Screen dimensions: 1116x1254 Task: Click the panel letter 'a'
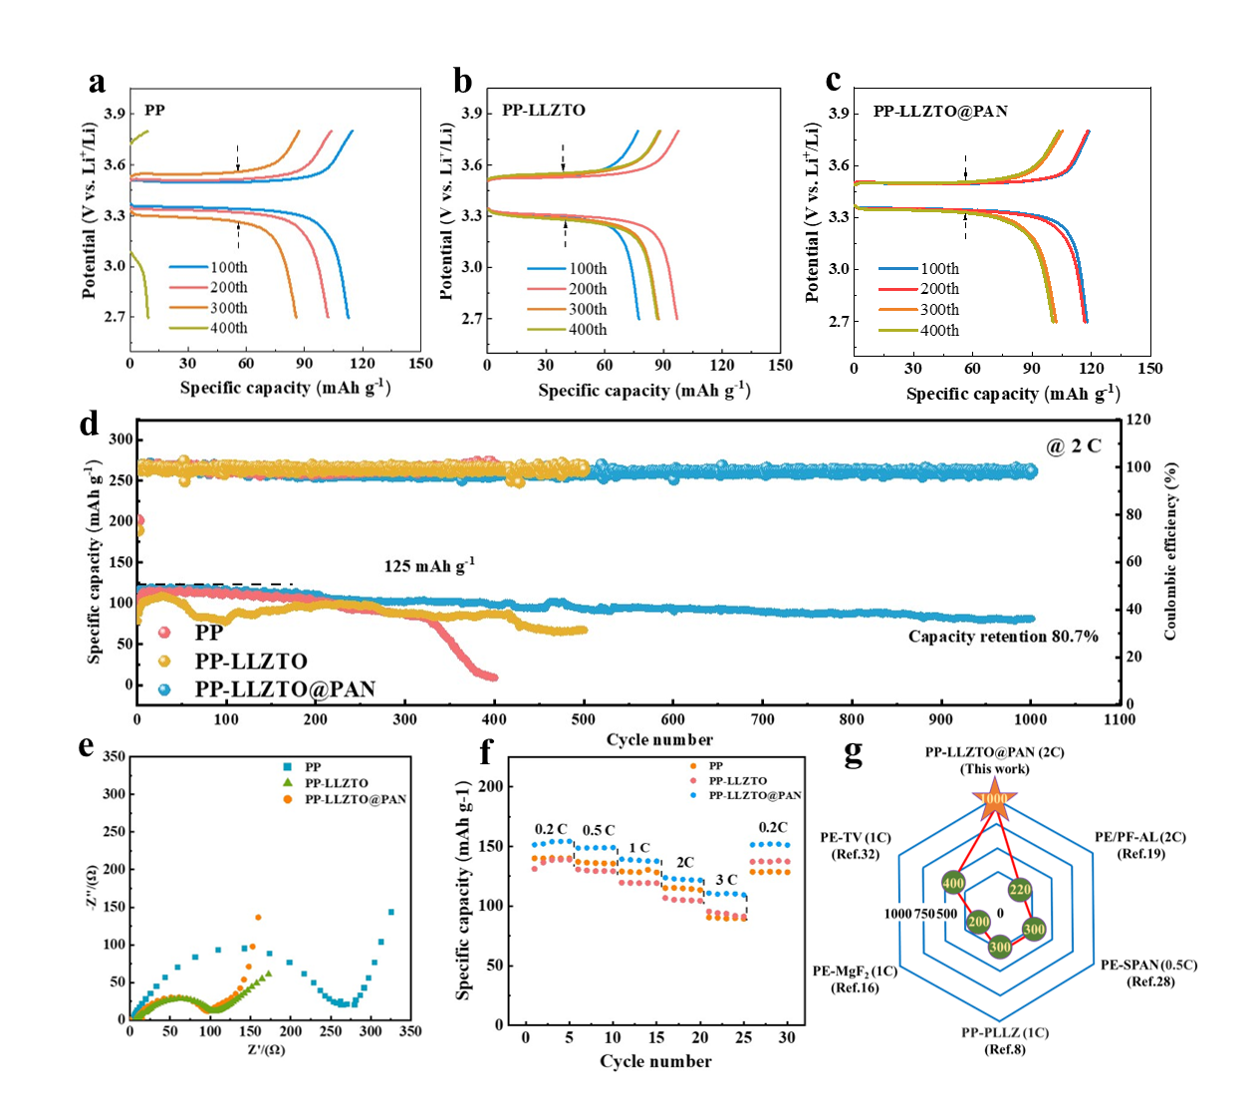click(x=97, y=82)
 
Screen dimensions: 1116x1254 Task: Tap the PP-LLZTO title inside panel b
click(x=544, y=110)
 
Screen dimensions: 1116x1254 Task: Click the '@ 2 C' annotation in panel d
click(x=1074, y=445)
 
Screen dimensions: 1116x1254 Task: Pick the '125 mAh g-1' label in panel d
click(x=429, y=566)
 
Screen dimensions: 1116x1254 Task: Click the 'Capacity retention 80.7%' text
click(x=1002, y=636)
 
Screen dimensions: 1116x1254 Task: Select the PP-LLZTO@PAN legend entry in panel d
click(x=285, y=690)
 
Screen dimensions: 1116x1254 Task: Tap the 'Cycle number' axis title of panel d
click(x=659, y=739)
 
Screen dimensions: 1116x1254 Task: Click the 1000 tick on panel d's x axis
click(x=1030, y=718)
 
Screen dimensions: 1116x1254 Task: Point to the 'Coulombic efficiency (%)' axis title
click(x=1170, y=551)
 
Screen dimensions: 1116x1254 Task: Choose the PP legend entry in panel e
click(x=313, y=767)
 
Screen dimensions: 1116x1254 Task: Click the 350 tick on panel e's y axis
click(x=115, y=757)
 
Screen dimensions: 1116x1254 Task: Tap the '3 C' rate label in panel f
click(x=726, y=880)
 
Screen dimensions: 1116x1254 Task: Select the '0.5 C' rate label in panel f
click(x=598, y=830)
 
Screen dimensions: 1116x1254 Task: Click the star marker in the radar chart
click(x=993, y=799)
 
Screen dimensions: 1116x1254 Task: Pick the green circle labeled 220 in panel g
click(x=1020, y=890)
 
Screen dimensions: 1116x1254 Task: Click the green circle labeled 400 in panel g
click(x=953, y=883)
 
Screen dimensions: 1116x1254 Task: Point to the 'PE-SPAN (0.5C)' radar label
click(x=1148, y=965)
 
